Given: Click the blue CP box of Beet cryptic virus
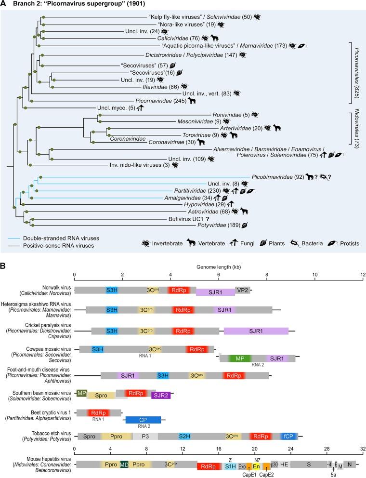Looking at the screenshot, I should click(143, 419).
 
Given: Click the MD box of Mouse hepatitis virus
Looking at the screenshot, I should click(124, 465).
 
